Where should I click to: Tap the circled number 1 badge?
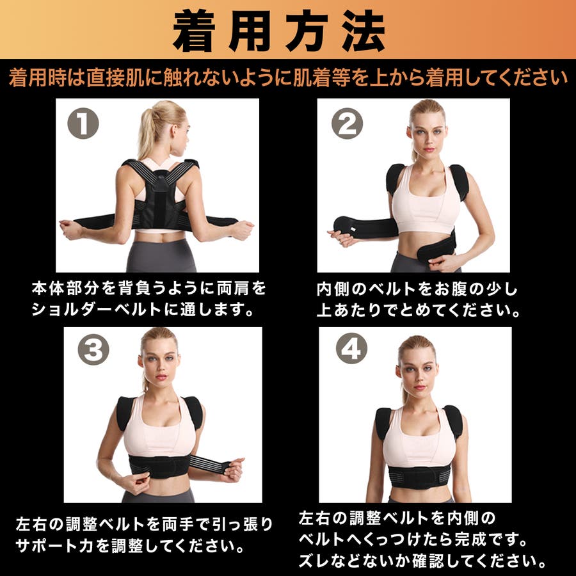84,124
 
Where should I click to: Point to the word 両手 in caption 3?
179,525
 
